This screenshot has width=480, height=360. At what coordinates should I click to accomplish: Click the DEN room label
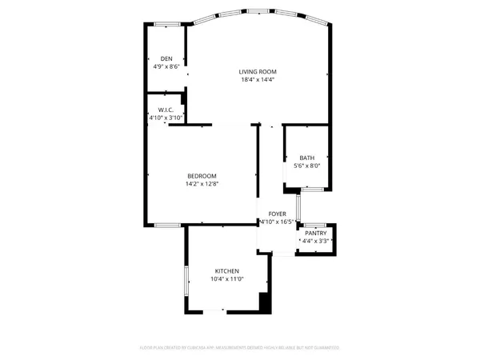[166, 59]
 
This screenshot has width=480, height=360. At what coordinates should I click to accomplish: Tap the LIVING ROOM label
[258, 71]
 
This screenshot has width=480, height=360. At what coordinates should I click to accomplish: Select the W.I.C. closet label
[166, 110]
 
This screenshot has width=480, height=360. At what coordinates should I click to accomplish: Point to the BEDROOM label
[202, 176]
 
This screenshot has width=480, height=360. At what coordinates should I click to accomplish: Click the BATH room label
[307, 158]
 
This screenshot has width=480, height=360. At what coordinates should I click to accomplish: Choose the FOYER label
[277, 214]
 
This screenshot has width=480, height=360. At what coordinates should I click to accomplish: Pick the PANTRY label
[315, 233]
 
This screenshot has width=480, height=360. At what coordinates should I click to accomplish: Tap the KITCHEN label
[226, 271]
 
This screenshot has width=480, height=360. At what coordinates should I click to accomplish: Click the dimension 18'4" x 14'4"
[258, 79]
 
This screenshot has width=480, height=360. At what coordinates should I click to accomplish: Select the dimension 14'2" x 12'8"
[202, 184]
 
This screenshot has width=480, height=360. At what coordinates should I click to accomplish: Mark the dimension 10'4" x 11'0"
[226, 279]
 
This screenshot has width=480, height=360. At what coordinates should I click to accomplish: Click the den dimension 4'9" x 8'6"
[166, 67]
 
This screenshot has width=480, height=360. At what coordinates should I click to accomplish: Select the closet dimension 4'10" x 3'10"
[166, 118]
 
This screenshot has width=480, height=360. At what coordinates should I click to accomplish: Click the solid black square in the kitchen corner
[265, 303]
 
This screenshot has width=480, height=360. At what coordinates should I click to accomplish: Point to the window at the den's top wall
[166, 25]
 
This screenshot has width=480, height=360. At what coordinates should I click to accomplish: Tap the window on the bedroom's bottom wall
[166, 226]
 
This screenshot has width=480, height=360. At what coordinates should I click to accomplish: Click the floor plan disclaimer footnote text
[240, 348]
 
